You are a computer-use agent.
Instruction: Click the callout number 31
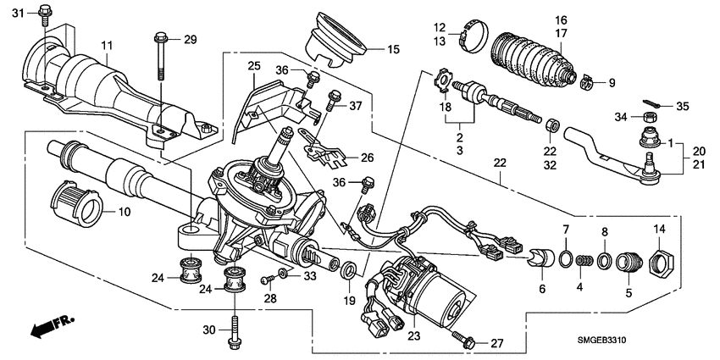(x=19, y=11)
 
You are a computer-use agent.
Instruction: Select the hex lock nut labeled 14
(x=659, y=258)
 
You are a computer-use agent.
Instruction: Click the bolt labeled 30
(x=232, y=330)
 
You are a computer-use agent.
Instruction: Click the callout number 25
(x=252, y=65)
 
